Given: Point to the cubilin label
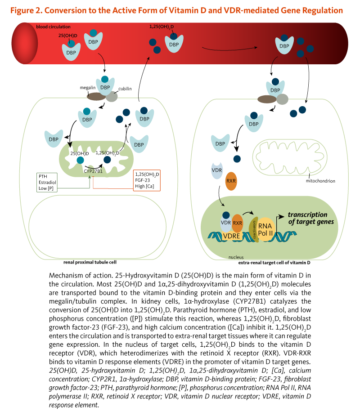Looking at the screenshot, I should [x=125, y=89].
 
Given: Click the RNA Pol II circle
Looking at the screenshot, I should [x=265, y=223].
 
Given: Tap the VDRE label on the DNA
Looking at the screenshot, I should [x=231, y=236].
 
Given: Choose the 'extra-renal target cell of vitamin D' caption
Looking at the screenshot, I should [x=274, y=262].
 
